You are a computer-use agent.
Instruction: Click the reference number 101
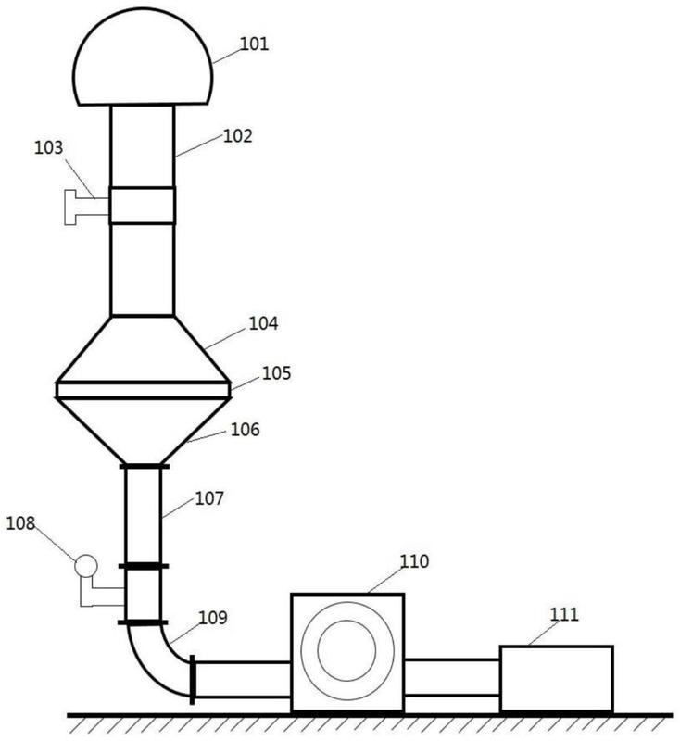pyautogui.click(x=254, y=44)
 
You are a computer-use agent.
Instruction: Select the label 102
pyautogui.click(x=238, y=136)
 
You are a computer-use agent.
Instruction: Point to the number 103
pyautogui.click(x=48, y=147)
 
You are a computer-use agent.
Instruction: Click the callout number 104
pyautogui.click(x=263, y=323)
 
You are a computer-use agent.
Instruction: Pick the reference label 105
pyautogui.click(x=276, y=373)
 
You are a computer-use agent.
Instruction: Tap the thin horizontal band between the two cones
pyautogui.click(x=144, y=390)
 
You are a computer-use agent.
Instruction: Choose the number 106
pyautogui.click(x=246, y=430)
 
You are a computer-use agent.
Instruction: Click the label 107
pyautogui.click(x=209, y=498)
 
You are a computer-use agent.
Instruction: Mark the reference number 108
pyautogui.click(x=20, y=523)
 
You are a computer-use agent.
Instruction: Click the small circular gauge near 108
pyautogui.click(x=86, y=565)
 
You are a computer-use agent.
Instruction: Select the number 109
pyautogui.click(x=213, y=618)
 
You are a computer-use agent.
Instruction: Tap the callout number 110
pyautogui.click(x=414, y=561)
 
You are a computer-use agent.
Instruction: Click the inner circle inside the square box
pyautogui.click(x=346, y=622)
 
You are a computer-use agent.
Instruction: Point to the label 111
pyautogui.click(x=564, y=614)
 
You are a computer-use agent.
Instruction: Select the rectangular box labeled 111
pyautogui.click(x=557, y=678)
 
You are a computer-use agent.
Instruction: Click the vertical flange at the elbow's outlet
pyautogui.click(x=192, y=680)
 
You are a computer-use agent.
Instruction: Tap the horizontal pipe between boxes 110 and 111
pyautogui.click(x=452, y=678)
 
